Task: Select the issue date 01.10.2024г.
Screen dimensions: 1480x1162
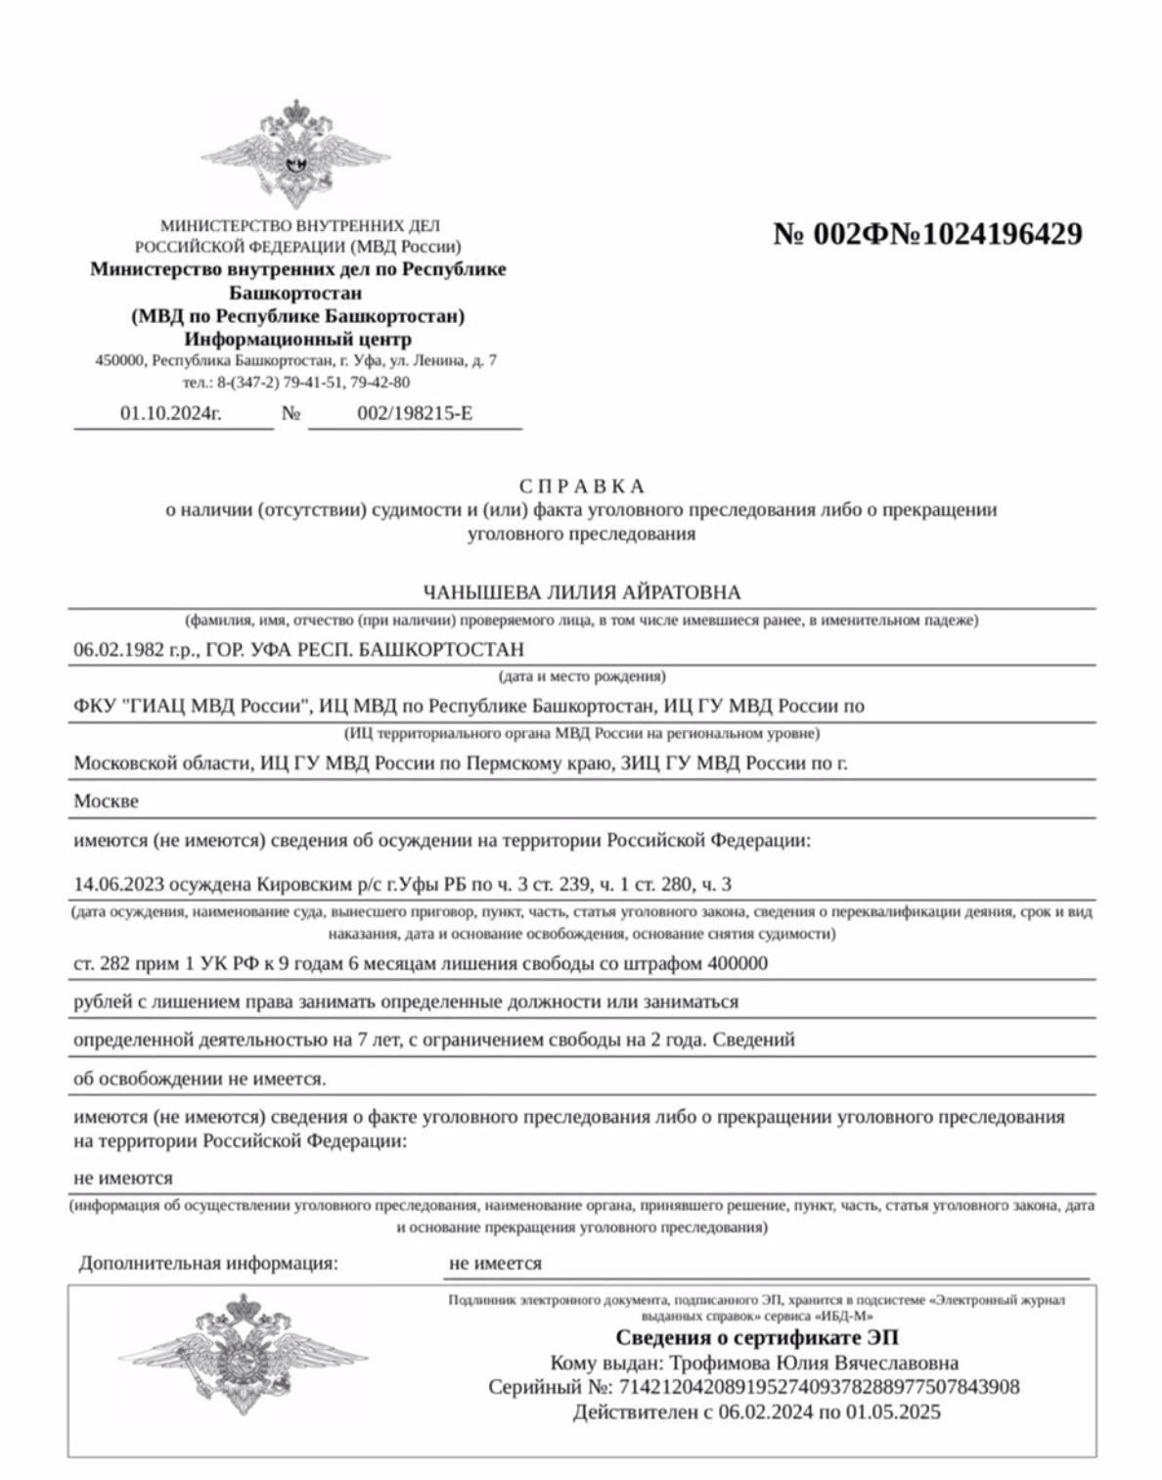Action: (x=171, y=413)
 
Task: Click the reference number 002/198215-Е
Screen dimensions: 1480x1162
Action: (x=415, y=413)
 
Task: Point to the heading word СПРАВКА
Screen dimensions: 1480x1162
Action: (x=581, y=486)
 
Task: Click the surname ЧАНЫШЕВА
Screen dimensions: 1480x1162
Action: (x=467, y=592)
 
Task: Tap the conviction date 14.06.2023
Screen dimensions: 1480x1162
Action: (x=118, y=885)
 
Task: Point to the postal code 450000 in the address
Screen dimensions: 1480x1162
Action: (x=119, y=360)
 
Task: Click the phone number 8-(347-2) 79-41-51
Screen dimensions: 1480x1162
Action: (x=280, y=383)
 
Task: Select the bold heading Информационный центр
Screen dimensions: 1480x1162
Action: (x=298, y=339)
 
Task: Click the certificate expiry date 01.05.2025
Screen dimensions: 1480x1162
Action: (x=895, y=1411)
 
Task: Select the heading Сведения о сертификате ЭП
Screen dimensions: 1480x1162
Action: (x=756, y=1337)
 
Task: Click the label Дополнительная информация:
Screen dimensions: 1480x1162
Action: (x=208, y=1264)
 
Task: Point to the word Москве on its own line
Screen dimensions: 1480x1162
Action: (x=107, y=801)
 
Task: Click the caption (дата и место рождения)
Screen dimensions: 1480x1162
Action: (x=582, y=676)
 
